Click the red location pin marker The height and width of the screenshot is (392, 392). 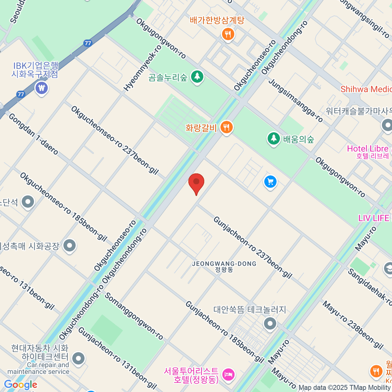click(196, 182)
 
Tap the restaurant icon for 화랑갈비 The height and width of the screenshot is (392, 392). click(226, 127)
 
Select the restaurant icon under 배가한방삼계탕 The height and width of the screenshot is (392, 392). click(228, 34)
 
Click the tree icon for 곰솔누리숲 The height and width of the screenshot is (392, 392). click(197, 77)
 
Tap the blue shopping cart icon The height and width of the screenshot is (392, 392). click(270, 182)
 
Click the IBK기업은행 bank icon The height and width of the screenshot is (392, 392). click(41, 88)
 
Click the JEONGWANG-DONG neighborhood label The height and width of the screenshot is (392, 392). click(224, 266)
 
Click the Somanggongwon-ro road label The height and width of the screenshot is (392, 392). click(134, 316)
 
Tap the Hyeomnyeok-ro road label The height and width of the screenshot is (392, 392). click(143, 68)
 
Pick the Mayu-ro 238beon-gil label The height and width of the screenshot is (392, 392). click(353, 325)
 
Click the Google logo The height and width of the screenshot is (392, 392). click(21, 385)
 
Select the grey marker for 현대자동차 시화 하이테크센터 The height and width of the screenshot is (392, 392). click(78, 358)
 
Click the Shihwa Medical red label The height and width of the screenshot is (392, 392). click(366, 89)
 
